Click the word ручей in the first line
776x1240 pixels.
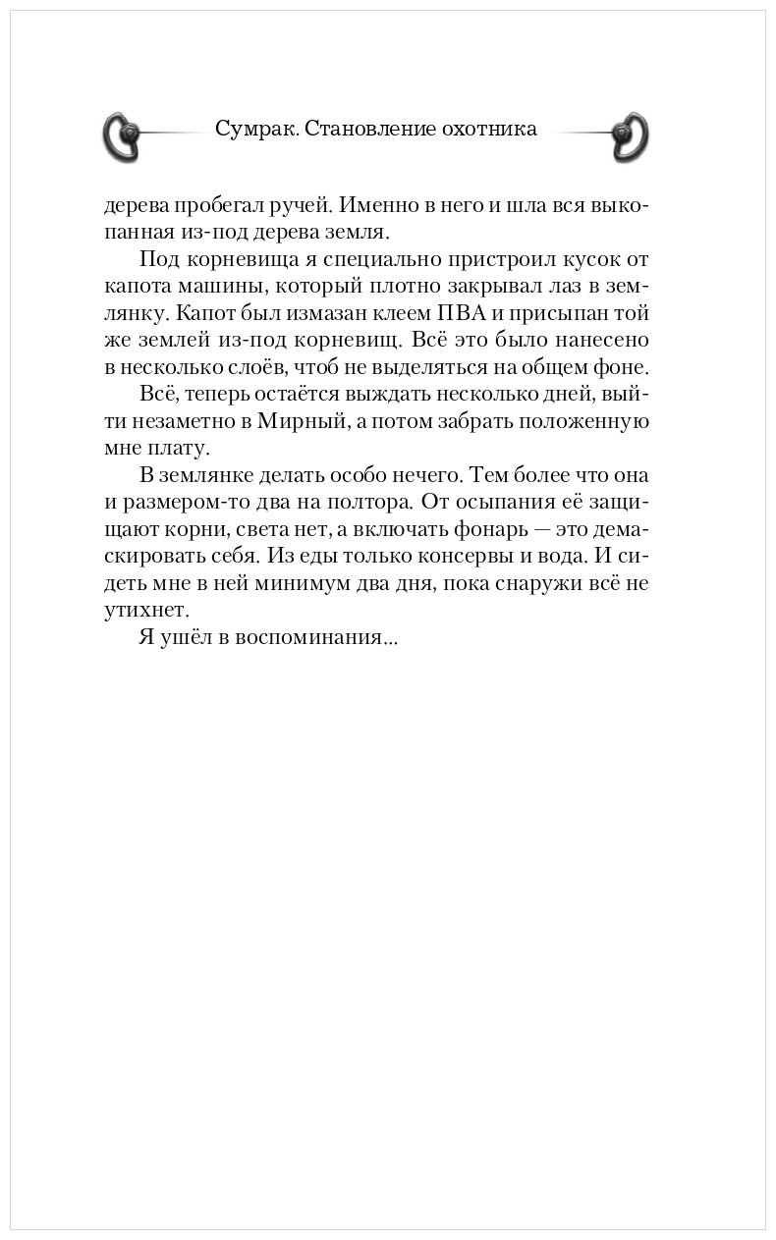point(310,207)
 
